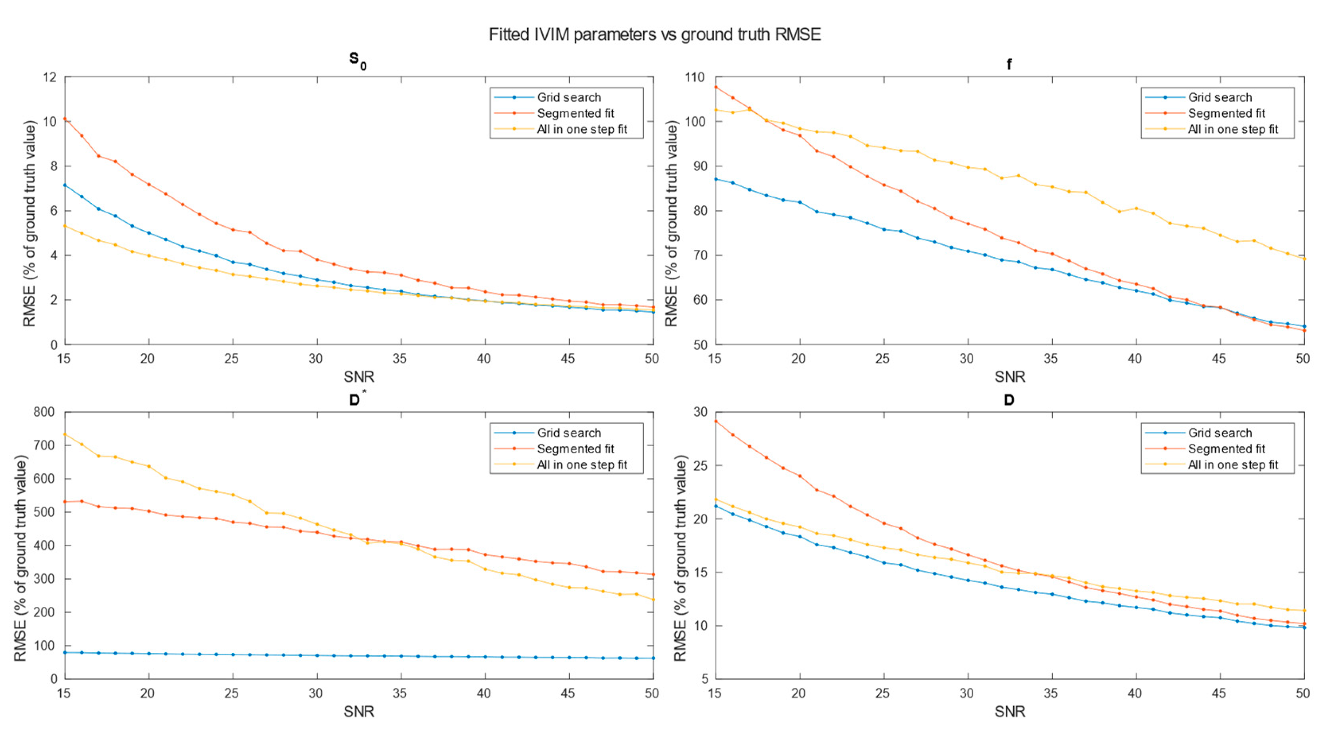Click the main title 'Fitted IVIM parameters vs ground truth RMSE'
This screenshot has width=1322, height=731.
click(x=655, y=34)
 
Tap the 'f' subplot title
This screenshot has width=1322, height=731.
click(x=1009, y=65)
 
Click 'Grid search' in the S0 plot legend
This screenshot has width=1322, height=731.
click(x=568, y=98)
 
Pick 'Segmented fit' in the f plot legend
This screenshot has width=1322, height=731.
click(x=1226, y=113)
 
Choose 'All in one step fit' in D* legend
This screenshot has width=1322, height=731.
click(x=582, y=465)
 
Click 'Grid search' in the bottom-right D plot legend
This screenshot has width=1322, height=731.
click(x=1220, y=433)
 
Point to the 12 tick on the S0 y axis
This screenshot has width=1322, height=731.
click(x=50, y=77)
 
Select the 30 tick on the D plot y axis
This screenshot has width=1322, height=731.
click(x=701, y=412)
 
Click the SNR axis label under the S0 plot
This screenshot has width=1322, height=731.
click(x=359, y=377)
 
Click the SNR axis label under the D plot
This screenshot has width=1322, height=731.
click(x=1009, y=712)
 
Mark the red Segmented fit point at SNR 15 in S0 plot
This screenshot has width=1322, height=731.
click(x=65, y=119)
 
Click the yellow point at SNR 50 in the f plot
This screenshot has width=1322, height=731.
click(x=1305, y=259)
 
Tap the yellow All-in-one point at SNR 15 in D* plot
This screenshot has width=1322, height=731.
click(x=65, y=434)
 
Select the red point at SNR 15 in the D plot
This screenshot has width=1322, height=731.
click(x=716, y=421)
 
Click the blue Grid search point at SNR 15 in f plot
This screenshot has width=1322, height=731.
click(x=716, y=179)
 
